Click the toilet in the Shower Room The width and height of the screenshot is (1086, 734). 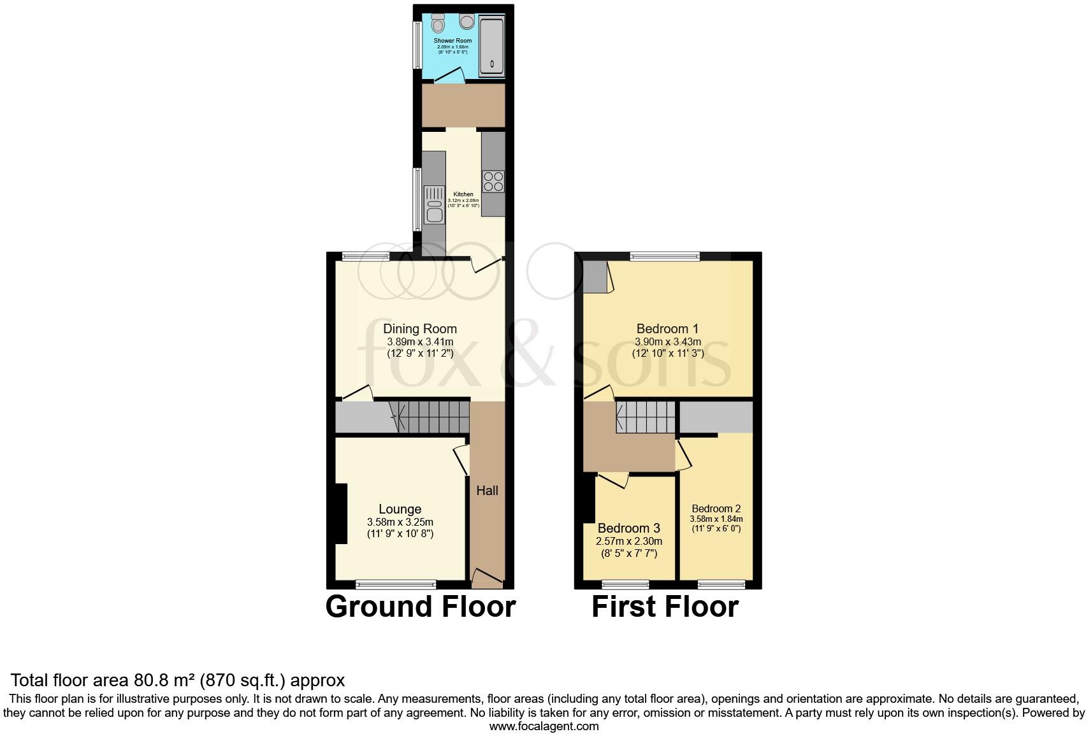[x=438, y=24]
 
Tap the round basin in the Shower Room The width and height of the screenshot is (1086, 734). [x=467, y=22]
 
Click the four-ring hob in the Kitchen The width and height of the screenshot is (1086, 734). [x=493, y=181]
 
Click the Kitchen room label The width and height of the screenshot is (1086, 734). [x=463, y=194]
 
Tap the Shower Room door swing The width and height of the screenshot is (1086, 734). [x=449, y=76]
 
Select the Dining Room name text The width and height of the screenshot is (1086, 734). [x=419, y=329]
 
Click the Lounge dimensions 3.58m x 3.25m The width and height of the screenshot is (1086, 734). [x=400, y=522]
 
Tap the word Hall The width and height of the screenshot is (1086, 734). [x=488, y=490]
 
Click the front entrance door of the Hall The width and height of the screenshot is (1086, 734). [x=487, y=577]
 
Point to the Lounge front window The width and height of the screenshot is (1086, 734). [x=396, y=584]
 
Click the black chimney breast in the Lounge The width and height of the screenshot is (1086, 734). [x=341, y=514]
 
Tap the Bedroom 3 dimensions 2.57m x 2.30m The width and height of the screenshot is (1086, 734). [x=628, y=542]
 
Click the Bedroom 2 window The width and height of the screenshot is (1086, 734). [x=721, y=584]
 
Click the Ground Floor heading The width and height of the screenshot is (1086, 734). [x=420, y=607]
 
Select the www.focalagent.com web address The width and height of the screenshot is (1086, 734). [x=544, y=726]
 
